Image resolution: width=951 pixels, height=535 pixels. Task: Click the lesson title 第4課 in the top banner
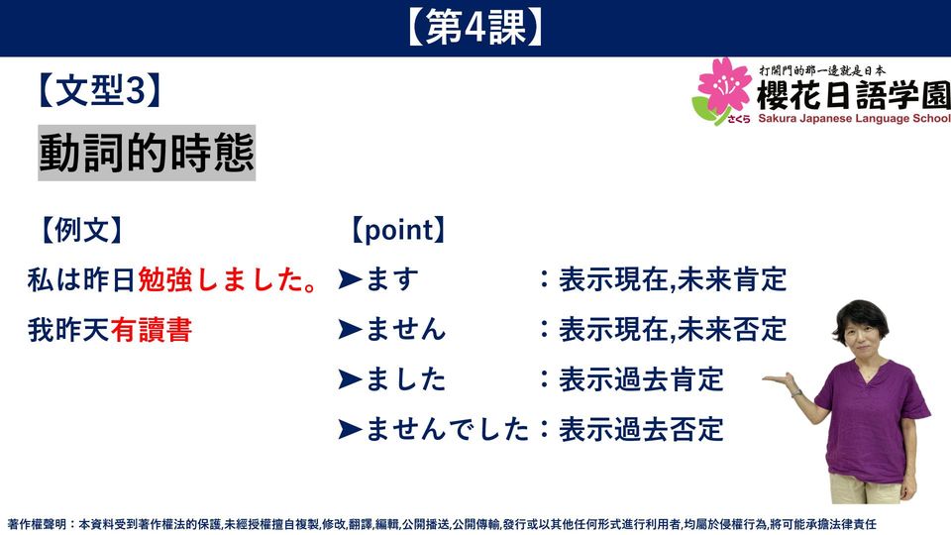click(x=475, y=28)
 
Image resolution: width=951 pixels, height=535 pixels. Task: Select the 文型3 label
click(x=99, y=90)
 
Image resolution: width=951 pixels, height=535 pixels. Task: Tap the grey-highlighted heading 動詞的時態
click(x=147, y=153)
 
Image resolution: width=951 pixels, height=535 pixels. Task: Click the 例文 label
click(x=81, y=231)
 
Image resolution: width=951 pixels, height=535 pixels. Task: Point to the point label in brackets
click(x=398, y=231)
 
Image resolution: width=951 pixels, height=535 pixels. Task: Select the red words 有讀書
click(x=152, y=331)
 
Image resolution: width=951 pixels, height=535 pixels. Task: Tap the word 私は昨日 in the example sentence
click(x=82, y=280)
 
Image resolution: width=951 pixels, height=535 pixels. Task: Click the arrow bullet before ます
click(x=350, y=279)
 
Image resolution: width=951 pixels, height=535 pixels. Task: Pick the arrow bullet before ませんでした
click(x=350, y=429)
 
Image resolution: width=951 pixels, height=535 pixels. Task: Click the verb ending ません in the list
click(x=406, y=330)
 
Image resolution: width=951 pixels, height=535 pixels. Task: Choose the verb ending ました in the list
click(x=406, y=379)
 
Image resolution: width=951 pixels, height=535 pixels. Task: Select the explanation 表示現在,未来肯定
click(x=673, y=279)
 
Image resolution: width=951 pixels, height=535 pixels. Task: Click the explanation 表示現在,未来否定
click(x=673, y=330)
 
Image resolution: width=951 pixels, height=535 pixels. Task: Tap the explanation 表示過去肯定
click(x=641, y=379)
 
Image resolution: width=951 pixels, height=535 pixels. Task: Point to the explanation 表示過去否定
click(x=641, y=429)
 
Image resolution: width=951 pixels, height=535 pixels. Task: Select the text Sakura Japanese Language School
click(x=854, y=118)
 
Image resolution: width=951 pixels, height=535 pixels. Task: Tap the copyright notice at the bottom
click(x=442, y=524)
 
